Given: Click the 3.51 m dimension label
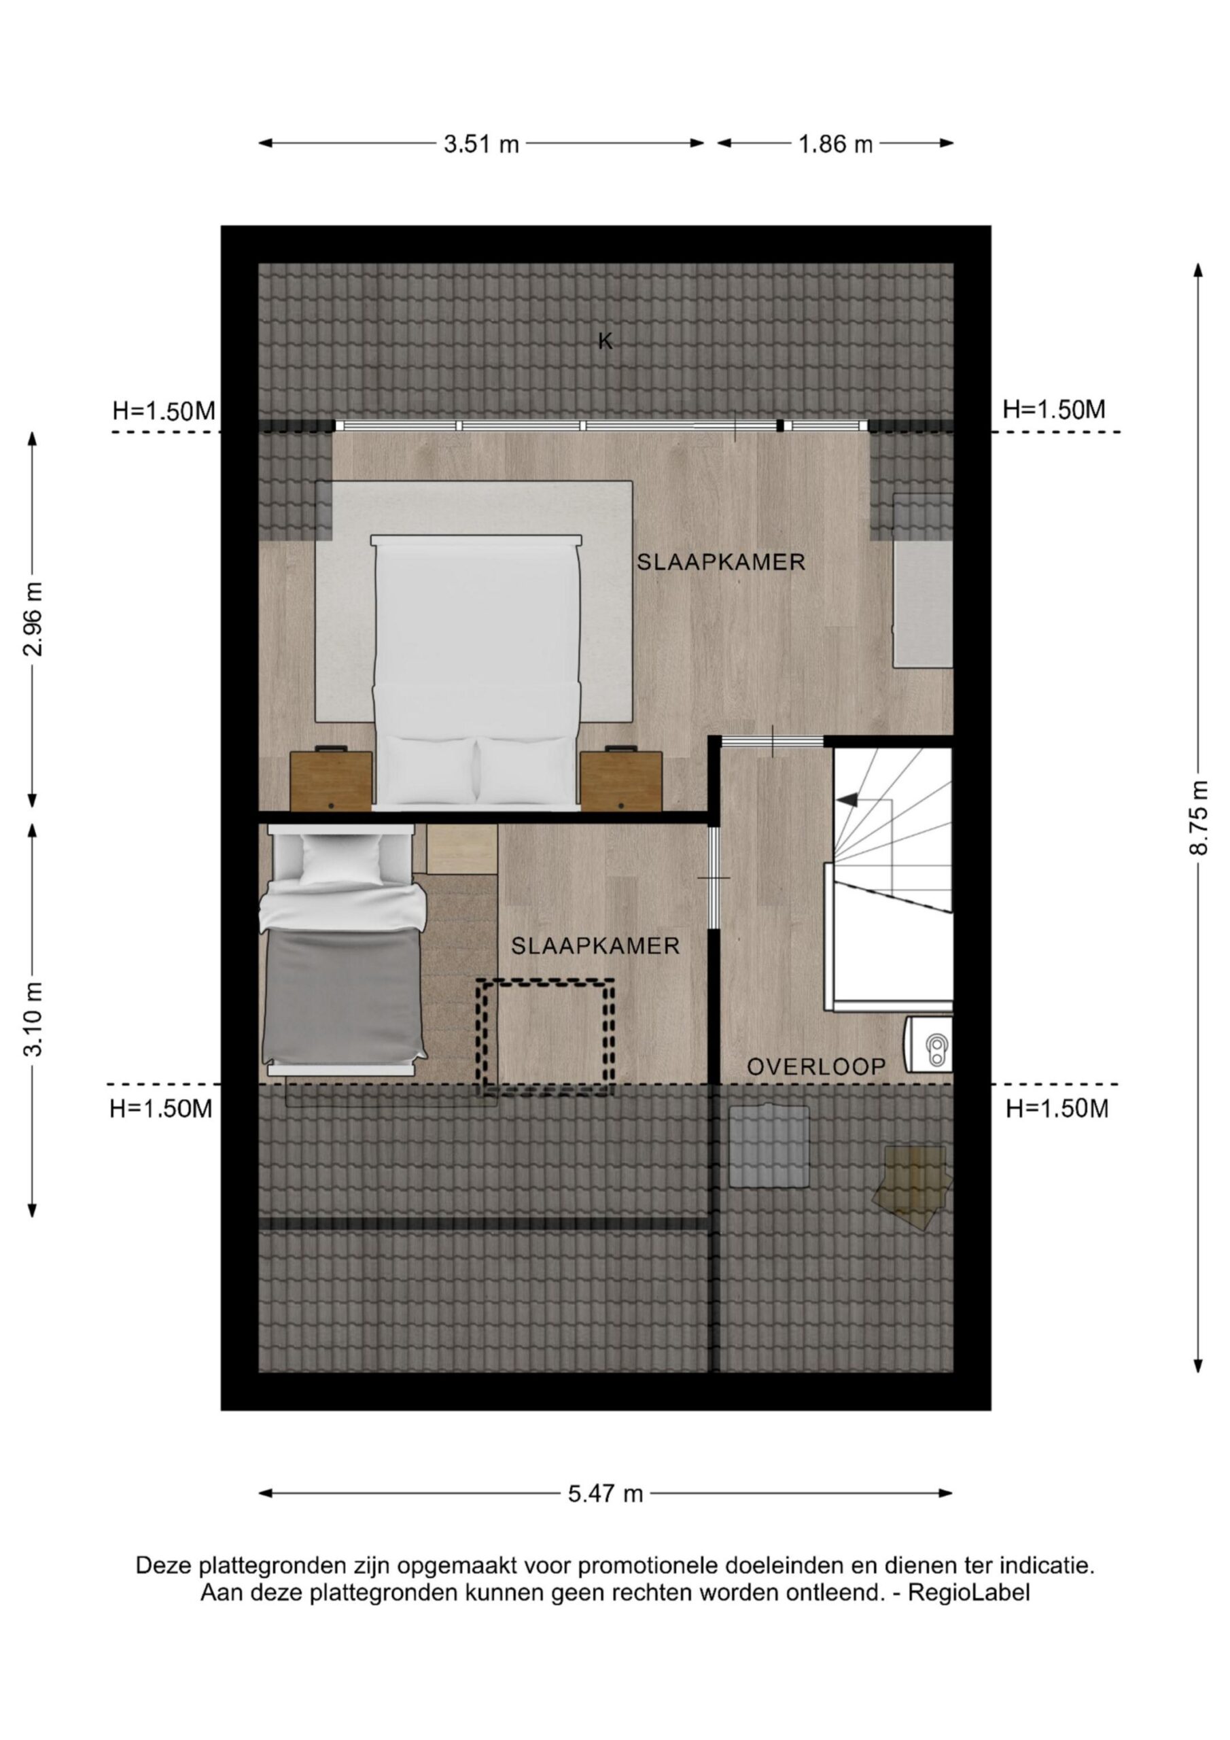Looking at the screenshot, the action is click(x=481, y=144).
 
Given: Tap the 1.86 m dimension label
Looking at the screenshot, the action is click(x=835, y=144).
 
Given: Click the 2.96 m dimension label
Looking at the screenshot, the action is click(x=32, y=619).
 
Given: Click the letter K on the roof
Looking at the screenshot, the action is click(x=605, y=342).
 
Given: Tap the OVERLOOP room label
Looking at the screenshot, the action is click(x=816, y=1067).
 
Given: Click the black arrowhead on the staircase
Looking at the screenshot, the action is click(x=847, y=799).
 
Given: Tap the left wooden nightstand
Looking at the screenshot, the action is click(x=331, y=780).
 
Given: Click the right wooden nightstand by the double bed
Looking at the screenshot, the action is click(x=621, y=780).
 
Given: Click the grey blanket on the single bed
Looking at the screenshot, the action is click(x=342, y=997).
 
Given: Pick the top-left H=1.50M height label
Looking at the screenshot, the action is click(x=164, y=411).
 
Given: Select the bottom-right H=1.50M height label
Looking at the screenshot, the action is click(x=1057, y=1109).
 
